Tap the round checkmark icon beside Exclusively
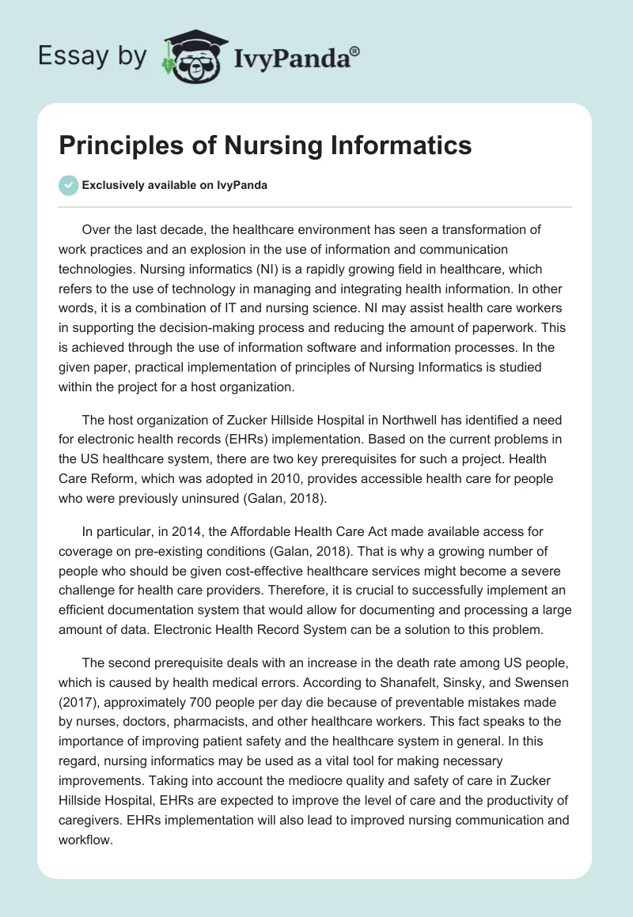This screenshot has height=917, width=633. pos(68,185)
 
